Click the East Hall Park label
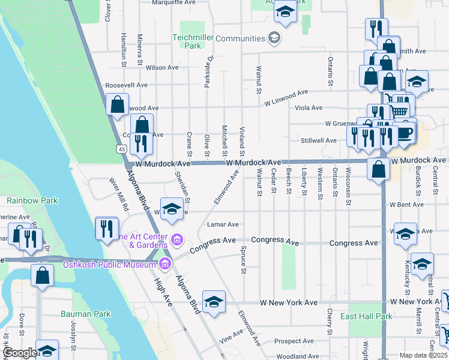(x=366, y=316)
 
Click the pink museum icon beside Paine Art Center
(x=176, y=241)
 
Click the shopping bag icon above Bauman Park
(x=43, y=277)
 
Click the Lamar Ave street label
(x=223, y=224)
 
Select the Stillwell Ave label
(x=318, y=140)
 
